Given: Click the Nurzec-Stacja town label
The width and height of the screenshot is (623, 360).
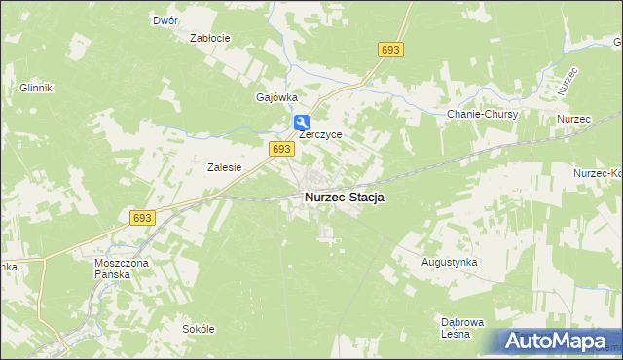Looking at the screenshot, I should coord(344,197).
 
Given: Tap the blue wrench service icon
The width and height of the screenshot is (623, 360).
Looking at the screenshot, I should coord(302,122).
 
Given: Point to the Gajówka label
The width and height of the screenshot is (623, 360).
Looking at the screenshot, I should coord(275,97).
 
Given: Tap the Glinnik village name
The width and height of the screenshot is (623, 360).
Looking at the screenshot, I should coord(35,87).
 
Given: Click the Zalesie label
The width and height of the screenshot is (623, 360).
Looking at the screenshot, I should coord(224,167).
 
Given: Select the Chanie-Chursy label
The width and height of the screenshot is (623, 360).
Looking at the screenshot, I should coord(483,114).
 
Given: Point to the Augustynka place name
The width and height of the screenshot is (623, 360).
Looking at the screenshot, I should coord(448,263).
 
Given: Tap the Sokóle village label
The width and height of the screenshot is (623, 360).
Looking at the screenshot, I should coord(198,329).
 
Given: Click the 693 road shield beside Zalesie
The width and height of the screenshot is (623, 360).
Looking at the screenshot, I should coord(280,148).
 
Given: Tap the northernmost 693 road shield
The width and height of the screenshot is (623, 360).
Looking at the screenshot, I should coord(391,50).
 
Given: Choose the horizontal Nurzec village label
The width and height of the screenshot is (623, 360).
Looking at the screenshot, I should coord(574,119).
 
